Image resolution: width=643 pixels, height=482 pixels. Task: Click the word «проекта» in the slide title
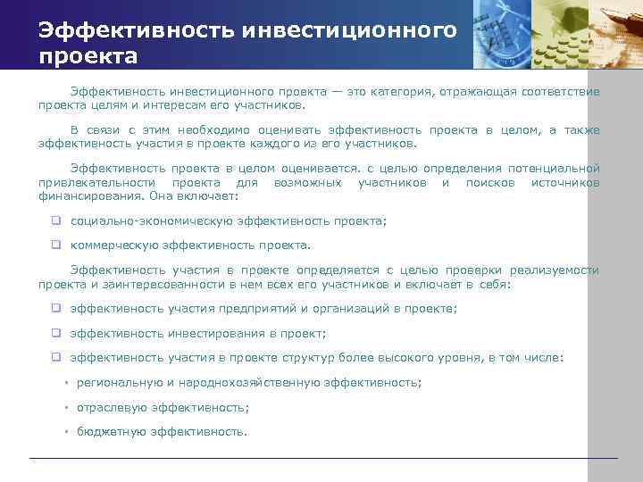click(88, 57)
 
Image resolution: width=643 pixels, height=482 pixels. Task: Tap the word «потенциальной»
click(554, 169)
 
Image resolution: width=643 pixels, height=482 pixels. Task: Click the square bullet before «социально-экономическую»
click(55, 220)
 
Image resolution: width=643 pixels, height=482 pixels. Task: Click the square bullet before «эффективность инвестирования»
click(55, 334)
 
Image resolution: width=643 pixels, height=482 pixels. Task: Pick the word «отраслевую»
click(112, 407)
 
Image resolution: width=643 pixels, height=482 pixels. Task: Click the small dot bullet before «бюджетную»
click(66, 432)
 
